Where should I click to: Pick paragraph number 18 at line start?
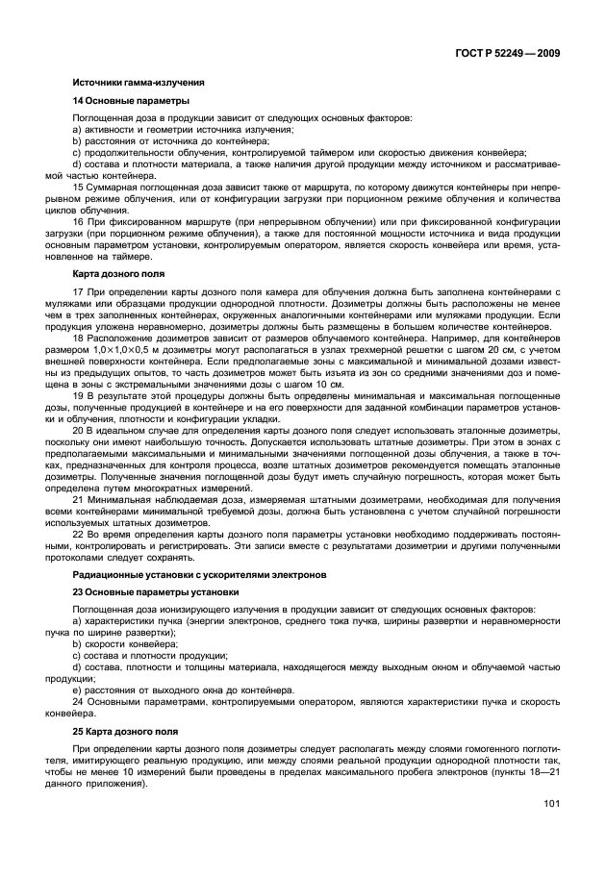coord(78,339)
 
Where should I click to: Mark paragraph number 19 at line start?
coord(78,395)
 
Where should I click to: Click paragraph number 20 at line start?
coord(78,433)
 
